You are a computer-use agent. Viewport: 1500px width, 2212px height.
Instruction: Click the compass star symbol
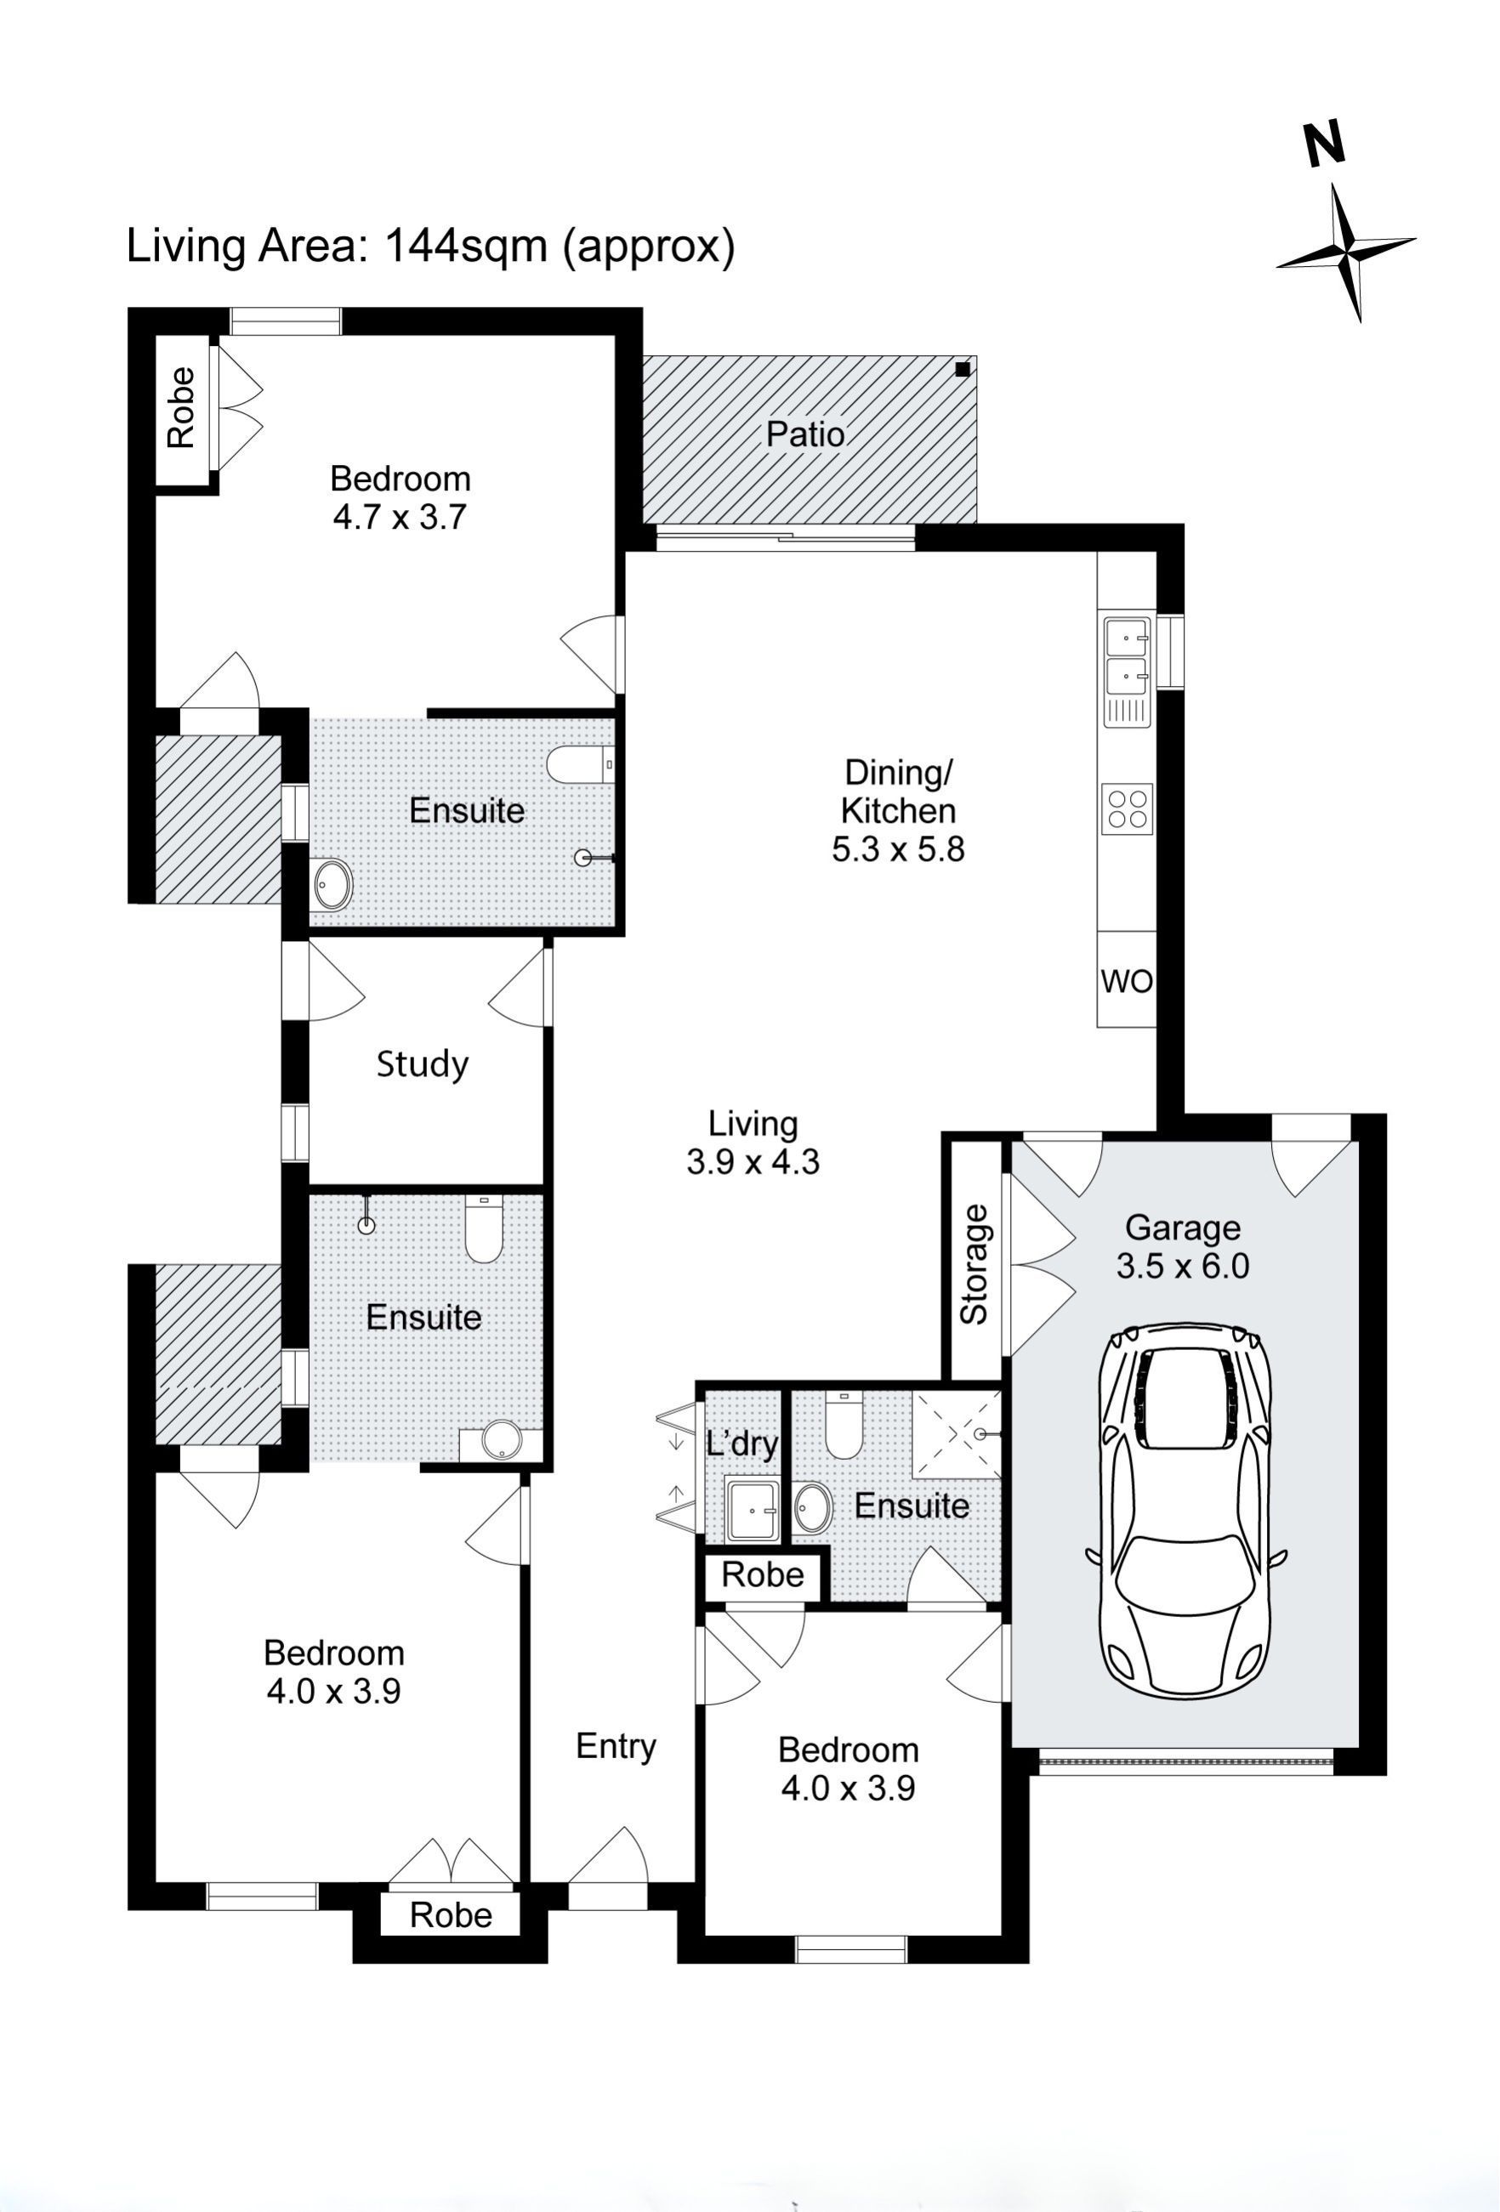pos(1347,252)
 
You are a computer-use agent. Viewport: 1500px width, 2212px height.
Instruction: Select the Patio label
pos(805,435)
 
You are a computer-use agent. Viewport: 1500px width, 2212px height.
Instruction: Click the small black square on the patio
pos(963,368)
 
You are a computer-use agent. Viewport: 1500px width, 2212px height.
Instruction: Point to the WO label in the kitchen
pos(1126,981)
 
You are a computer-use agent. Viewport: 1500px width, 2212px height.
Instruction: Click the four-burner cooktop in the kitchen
pos(1127,808)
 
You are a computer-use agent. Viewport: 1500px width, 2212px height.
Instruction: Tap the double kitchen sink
pos(1127,657)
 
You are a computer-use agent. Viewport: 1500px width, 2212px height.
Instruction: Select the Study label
pos(423,1063)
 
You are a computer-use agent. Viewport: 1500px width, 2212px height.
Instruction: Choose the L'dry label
pos(741,1443)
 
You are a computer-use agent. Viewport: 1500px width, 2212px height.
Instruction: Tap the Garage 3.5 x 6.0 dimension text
pos(1182,1267)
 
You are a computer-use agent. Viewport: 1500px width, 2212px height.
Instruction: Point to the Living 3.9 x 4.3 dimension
pos(753,1162)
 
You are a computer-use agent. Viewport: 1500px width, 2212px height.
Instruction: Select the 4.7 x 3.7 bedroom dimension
pos(400,517)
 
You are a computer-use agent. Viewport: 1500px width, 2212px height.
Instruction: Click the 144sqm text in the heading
pos(465,246)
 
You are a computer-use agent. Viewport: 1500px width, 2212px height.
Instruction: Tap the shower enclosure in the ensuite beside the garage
pos(956,1433)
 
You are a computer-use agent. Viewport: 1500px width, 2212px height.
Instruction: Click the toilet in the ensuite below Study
pos(484,1231)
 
